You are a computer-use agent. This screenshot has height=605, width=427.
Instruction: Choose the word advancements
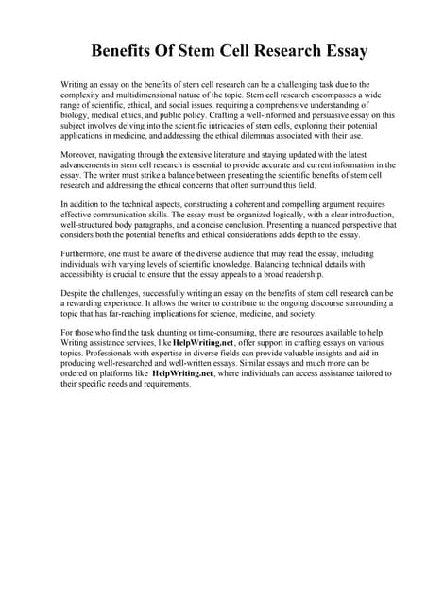point(93,164)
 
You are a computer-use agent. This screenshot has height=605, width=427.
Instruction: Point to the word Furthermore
point(86,254)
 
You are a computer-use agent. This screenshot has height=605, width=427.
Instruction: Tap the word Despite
point(76,293)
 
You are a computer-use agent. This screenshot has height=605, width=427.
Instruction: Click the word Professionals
point(94,354)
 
